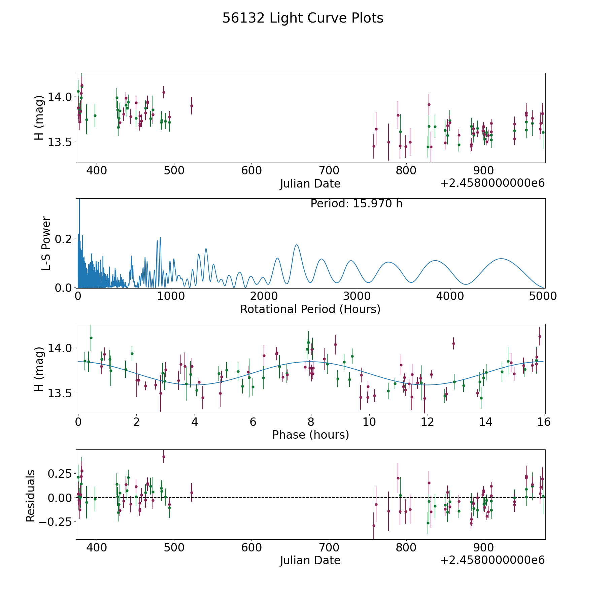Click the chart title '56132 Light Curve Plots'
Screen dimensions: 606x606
point(303,18)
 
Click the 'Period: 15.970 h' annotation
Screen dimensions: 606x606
point(356,204)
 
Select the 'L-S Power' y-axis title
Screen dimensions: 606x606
point(46,243)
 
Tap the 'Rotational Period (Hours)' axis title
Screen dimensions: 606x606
point(310,309)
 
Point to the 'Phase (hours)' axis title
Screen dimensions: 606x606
point(310,435)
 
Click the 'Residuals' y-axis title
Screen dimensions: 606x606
point(30,496)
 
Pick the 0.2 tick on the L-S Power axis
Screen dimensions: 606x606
point(64,239)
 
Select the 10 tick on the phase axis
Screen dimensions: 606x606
point(369,422)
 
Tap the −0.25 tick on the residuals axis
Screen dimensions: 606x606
point(55,522)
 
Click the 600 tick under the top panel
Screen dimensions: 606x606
point(251,170)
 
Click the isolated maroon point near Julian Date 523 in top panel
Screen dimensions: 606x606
point(192,106)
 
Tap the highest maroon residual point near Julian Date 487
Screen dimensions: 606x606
point(164,457)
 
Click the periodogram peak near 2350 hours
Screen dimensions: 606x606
point(296,245)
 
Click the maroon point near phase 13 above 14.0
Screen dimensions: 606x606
point(453,343)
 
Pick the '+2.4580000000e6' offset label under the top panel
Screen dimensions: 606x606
point(492,183)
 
